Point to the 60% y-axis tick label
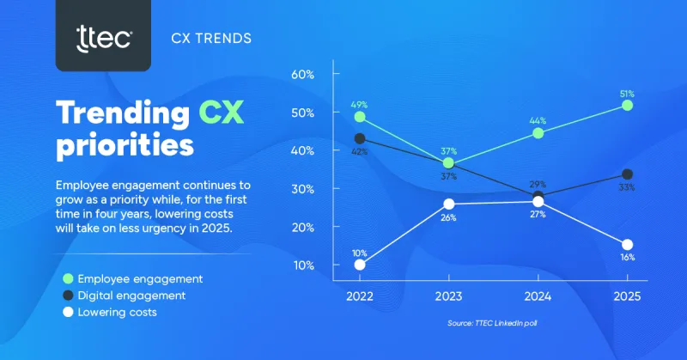click(303, 75)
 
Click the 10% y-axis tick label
click(303, 265)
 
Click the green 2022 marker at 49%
click(359, 117)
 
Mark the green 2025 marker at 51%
click(627, 105)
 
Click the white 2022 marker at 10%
click(359, 265)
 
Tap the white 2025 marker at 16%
click(627, 245)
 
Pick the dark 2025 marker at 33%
click(627, 174)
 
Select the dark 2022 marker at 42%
click(359, 137)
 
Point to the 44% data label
click(538, 119)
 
